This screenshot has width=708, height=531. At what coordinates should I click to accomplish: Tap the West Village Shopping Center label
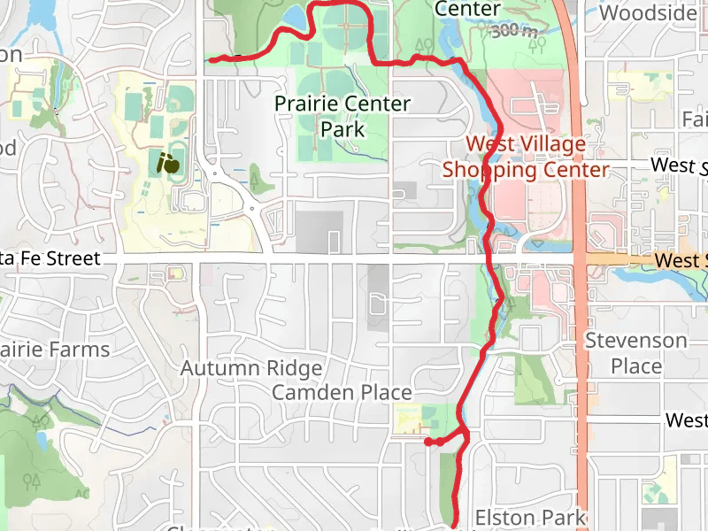526,157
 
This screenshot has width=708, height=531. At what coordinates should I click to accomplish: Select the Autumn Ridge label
251,367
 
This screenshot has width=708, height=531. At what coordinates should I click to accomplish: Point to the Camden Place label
342,392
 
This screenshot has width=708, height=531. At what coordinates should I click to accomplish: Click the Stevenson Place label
635,353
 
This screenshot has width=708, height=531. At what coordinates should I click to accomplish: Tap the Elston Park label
530,517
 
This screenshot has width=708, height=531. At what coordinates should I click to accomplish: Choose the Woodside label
648,12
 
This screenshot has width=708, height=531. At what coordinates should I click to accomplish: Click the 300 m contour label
514,31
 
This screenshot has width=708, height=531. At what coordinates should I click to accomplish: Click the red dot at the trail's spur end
427,441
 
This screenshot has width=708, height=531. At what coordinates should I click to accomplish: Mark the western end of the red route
211,60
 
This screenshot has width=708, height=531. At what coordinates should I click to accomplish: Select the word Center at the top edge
468,9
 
